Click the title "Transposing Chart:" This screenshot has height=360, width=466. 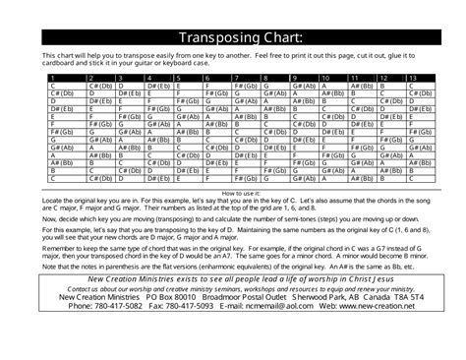tap(233, 37)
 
